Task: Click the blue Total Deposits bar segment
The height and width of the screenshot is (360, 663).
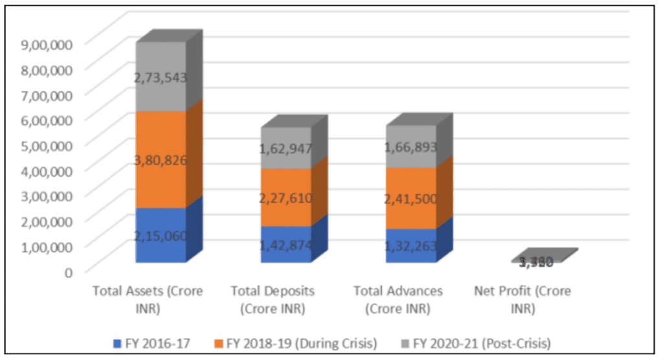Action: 286,253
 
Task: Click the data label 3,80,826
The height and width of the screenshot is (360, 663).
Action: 161,160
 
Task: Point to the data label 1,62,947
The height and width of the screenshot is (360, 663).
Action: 286,148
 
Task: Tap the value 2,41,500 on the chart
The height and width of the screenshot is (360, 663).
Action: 411,199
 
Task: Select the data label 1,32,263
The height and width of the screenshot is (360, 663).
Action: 411,245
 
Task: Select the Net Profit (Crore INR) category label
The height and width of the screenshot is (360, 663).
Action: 522,300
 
